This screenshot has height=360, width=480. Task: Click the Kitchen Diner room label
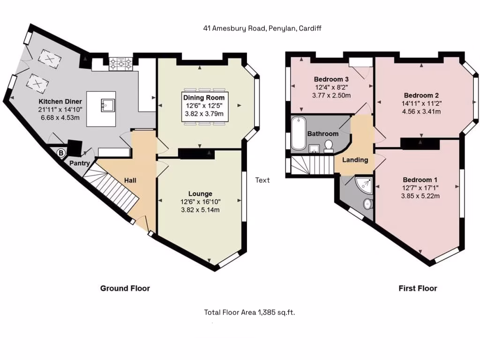click(x=60, y=101)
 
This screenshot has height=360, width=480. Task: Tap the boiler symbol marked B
click(x=60, y=152)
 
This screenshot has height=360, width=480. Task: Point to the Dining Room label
click(x=203, y=97)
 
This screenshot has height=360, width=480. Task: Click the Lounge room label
click(x=200, y=194)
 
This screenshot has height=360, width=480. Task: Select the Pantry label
click(x=80, y=163)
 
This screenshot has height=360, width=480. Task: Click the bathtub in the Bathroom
click(x=297, y=134)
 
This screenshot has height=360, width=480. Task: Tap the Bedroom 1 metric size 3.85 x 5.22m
click(x=420, y=196)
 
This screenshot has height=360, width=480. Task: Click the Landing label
click(x=355, y=160)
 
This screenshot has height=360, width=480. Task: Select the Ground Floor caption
click(x=125, y=288)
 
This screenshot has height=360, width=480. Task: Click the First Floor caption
click(x=418, y=288)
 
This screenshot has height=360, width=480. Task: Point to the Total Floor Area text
click(x=249, y=312)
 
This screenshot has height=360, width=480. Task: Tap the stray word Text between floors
click(x=262, y=180)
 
